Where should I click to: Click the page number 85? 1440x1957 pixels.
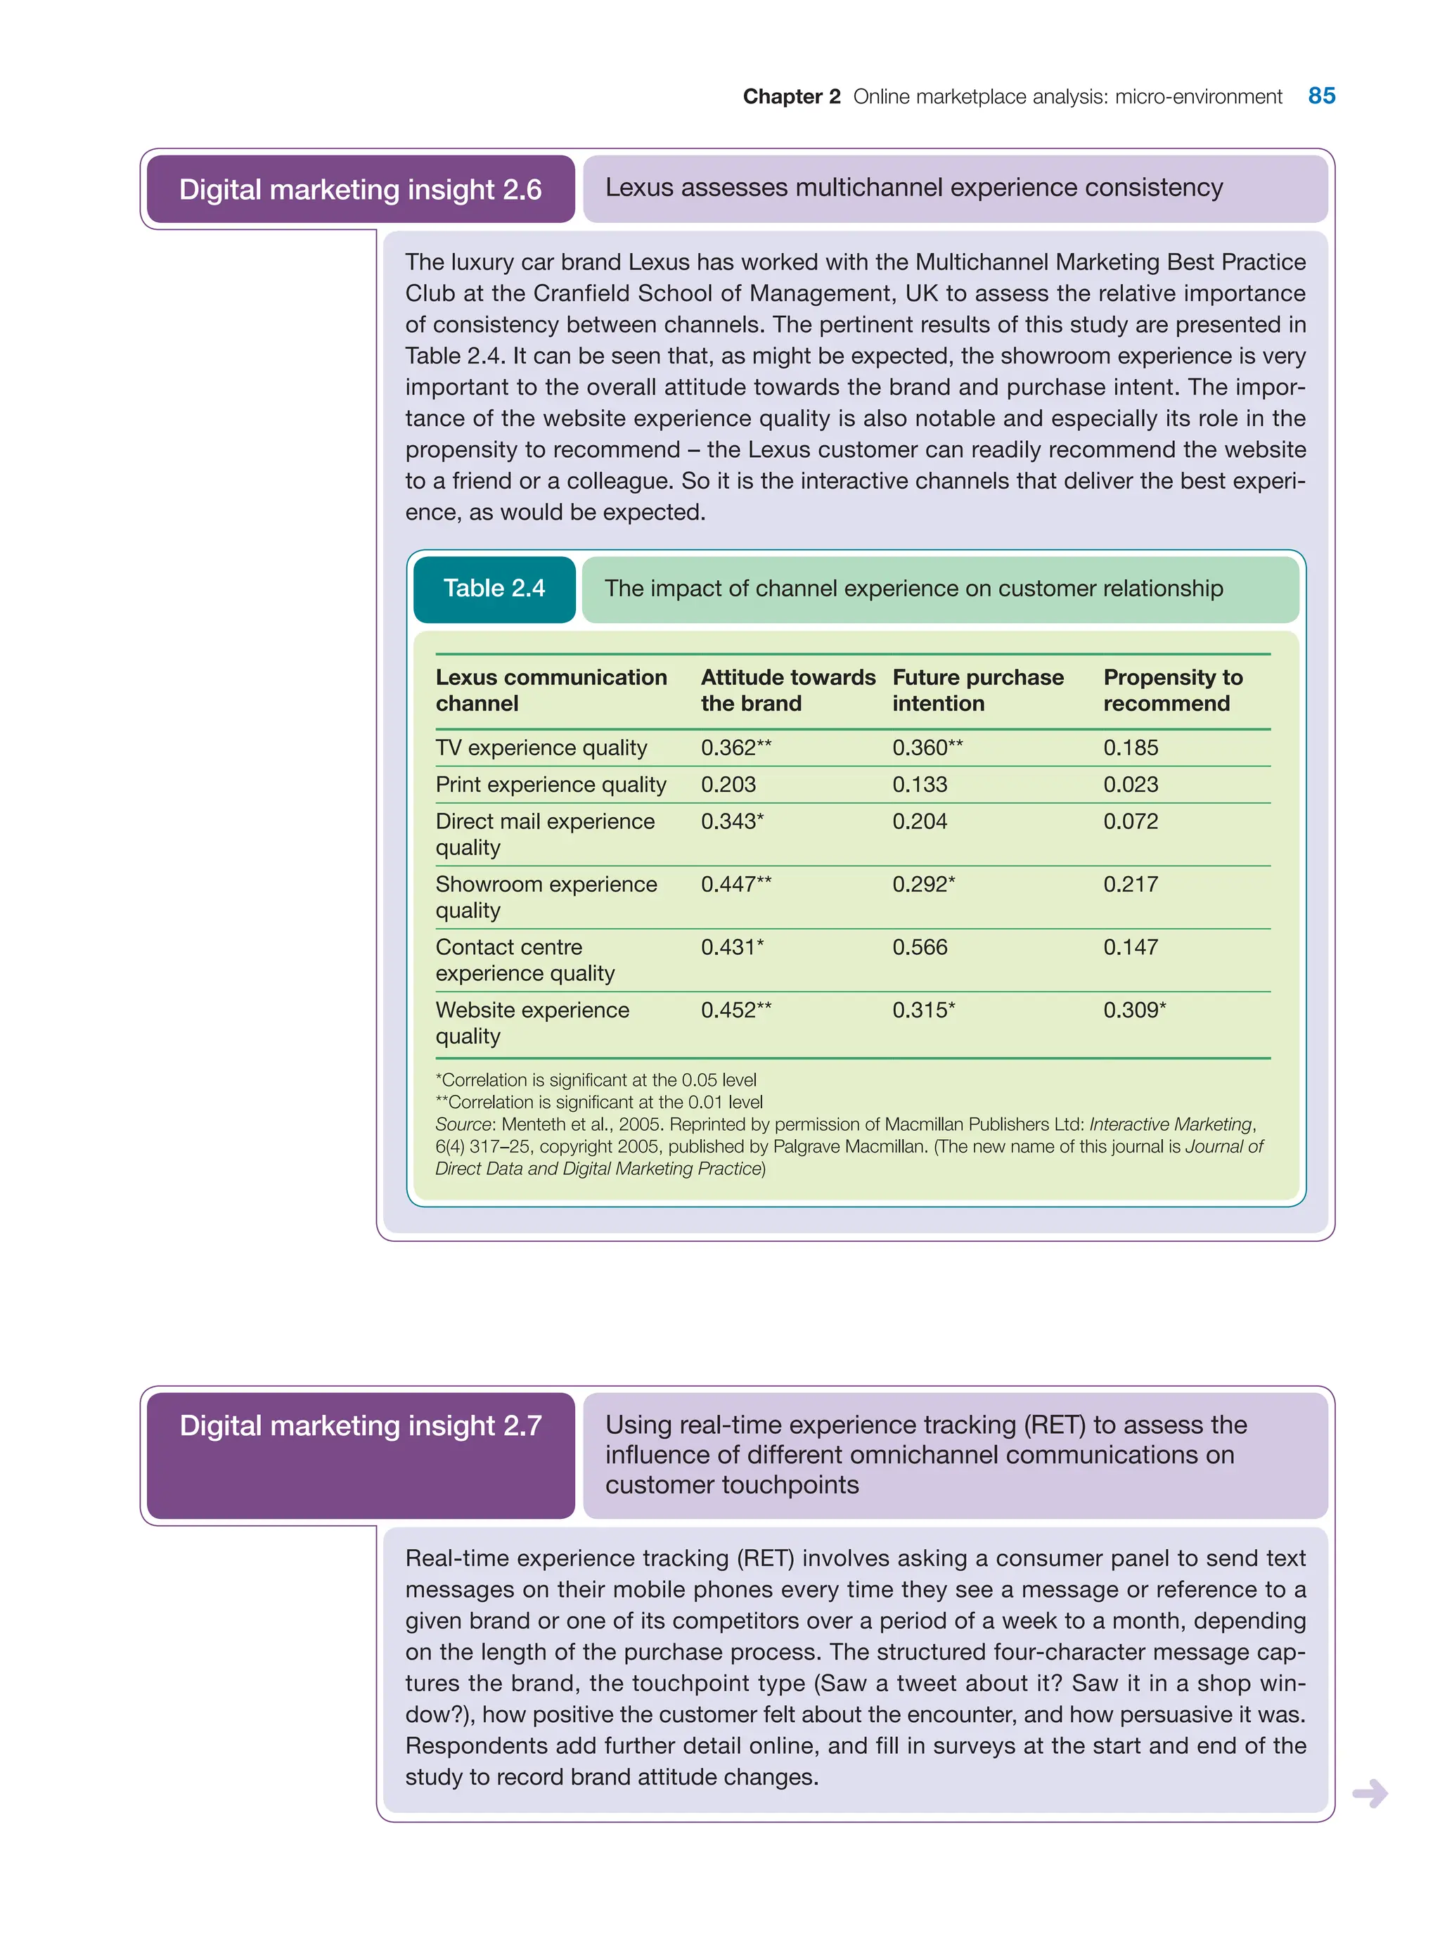[1320, 96]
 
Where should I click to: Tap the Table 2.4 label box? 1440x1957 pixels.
[494, 589]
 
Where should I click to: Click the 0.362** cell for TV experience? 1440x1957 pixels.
[735, 748]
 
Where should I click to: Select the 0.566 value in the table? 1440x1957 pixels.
[919, 947]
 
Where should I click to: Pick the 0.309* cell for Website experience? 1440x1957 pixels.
[1133, 1010]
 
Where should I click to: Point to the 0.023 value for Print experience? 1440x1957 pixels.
[1130, 785]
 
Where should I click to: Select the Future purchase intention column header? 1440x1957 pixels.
[977, 691]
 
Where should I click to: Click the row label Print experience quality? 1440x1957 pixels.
[550, 785]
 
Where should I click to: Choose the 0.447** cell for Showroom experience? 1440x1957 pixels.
[735, 885]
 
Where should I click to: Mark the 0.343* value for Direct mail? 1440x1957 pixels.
[731, 821]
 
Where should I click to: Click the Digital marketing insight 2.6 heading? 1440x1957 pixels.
[360, 189]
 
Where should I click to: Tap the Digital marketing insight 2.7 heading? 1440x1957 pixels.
[360, 1425]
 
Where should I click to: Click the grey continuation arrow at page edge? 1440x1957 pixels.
[1370, 1793]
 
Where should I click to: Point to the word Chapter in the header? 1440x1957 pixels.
[782, 97]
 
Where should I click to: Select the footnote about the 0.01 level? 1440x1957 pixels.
[599, 1102]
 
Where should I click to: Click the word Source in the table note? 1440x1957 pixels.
[463, 1124]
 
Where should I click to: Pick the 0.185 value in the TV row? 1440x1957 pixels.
[1130, 748]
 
